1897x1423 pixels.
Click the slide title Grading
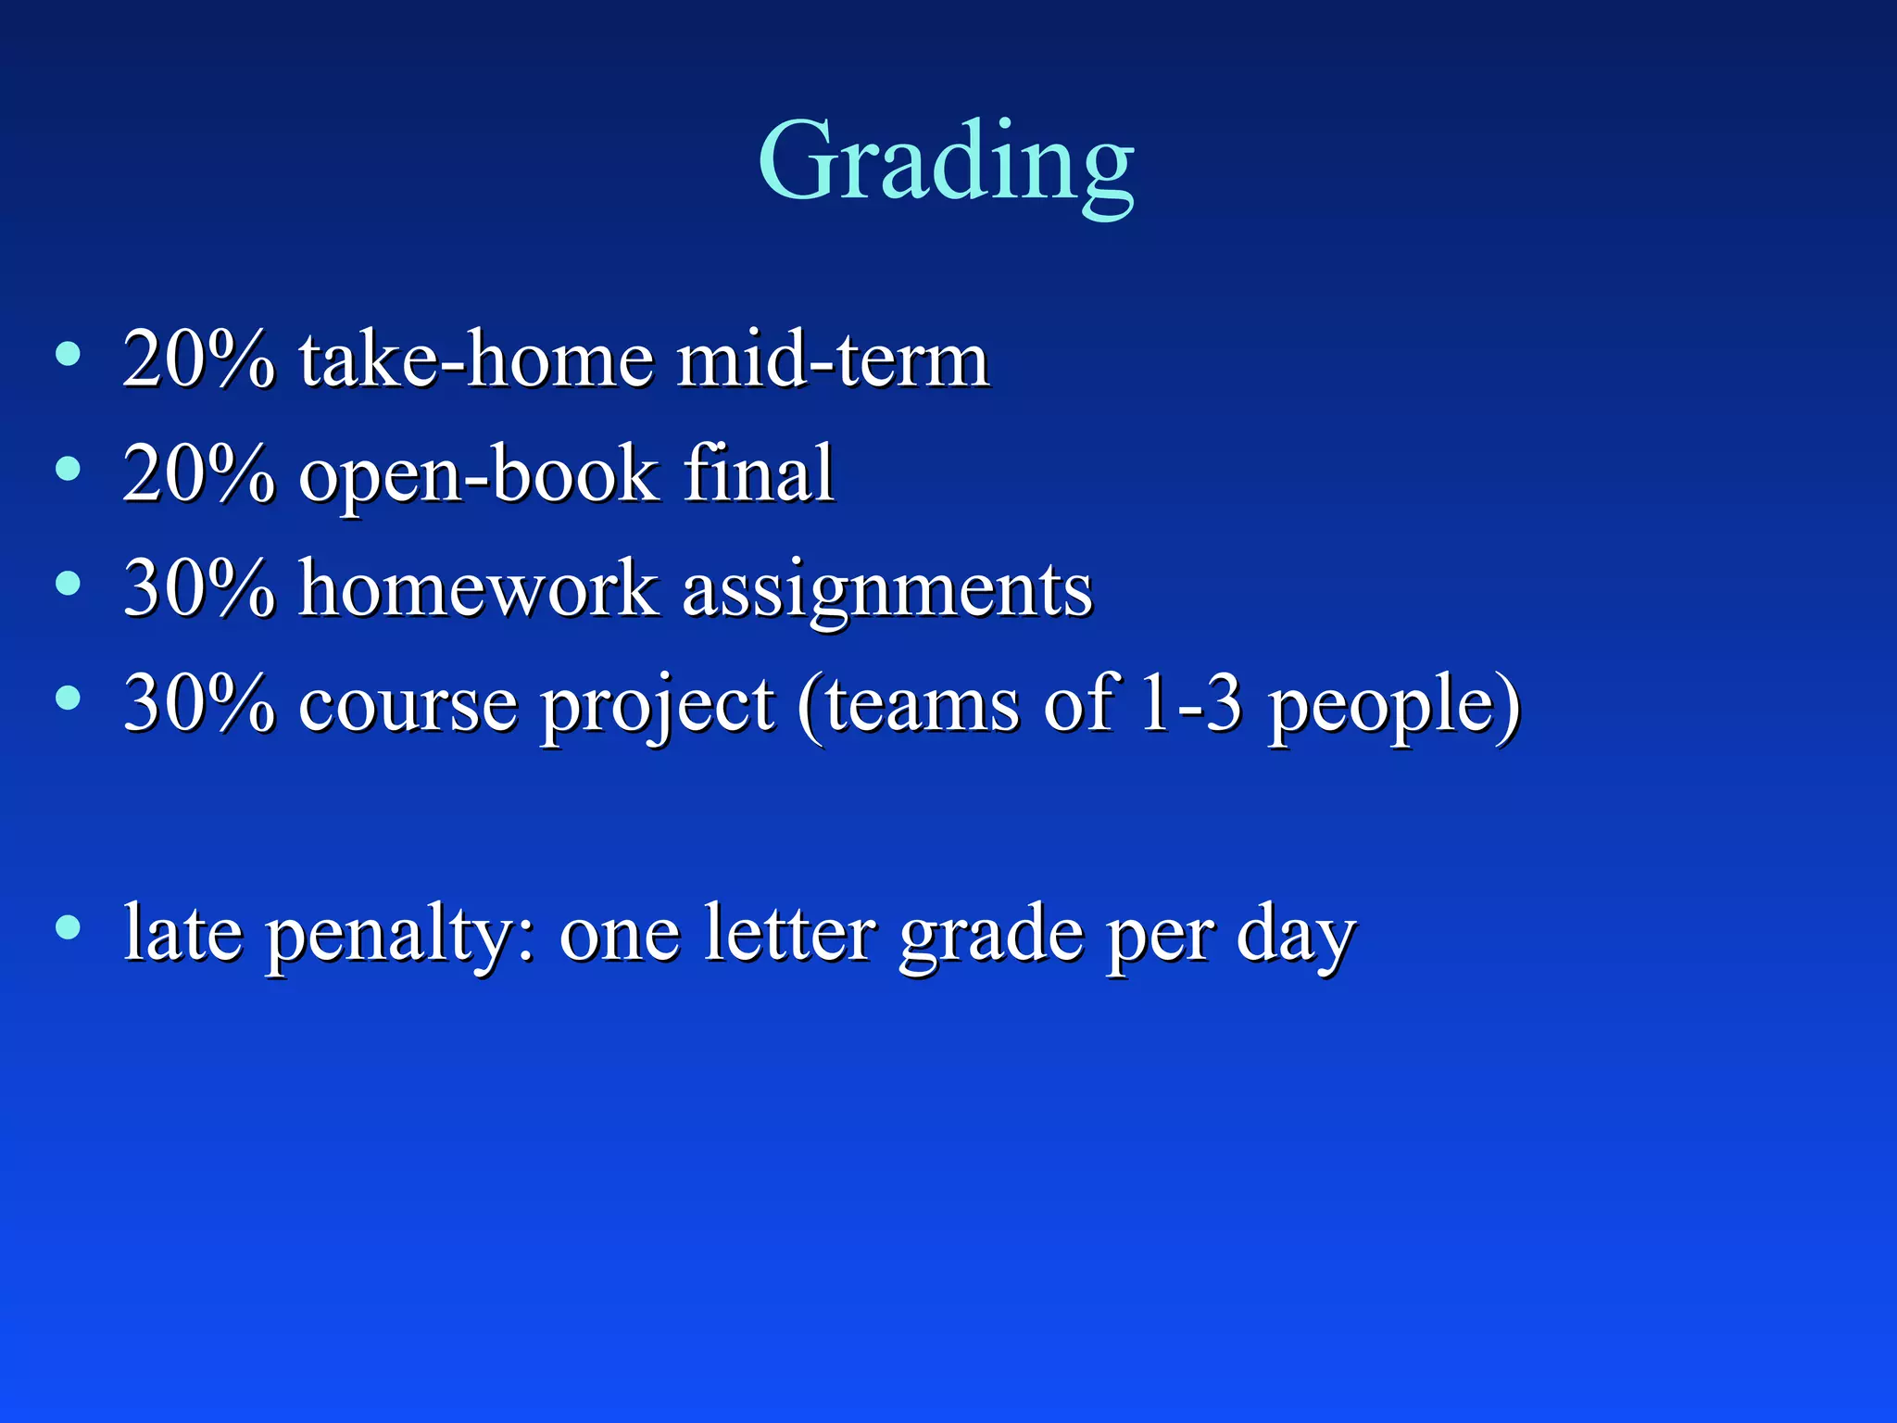(x=946, y=162)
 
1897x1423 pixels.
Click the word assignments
(x=887, y=593)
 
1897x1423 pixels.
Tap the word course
(x=408, y=704)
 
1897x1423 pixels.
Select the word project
(x=658, y=708)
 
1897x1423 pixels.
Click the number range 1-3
(x=1190, y=704)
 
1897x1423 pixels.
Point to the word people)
(x=1394, y=708)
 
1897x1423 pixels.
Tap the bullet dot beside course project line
(x=68, y=697)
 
